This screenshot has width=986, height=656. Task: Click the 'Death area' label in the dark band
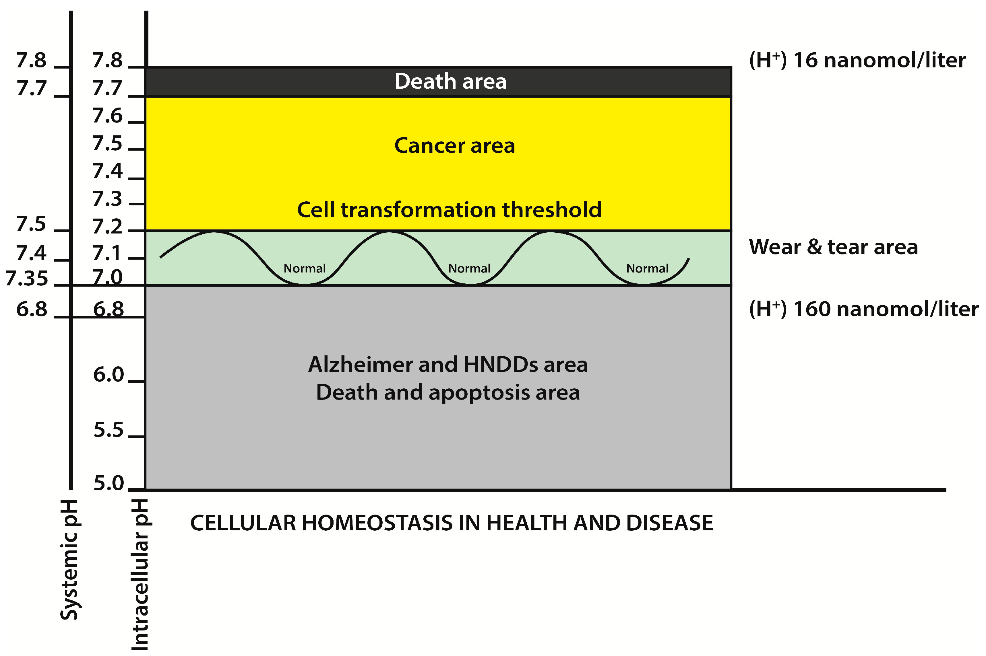(x=450, y=81)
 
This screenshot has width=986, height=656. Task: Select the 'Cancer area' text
(x=454, y=146)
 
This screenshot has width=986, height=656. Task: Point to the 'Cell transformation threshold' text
(x=449, y=210)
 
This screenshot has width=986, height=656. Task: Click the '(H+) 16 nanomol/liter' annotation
(x=857, y=60)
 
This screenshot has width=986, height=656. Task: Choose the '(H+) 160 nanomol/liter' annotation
(x=863, y=309)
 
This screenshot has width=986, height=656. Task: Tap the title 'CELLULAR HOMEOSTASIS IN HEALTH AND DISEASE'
(x=451, y=523)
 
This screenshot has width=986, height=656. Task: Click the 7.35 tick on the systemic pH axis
(x=27, y=279)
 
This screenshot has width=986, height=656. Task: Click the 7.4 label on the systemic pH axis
(x=31, y=253)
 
